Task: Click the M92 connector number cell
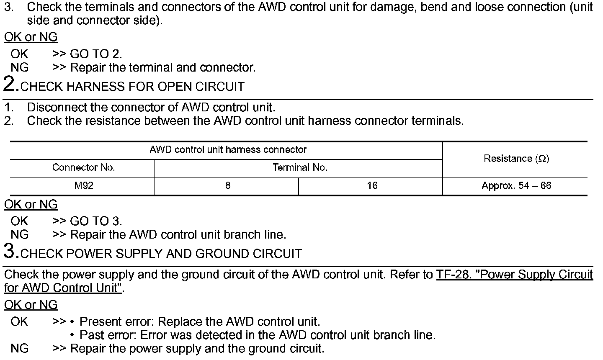click(x=84, y=185)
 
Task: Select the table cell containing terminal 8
click(x=227, y=185)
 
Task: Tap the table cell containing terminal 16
click(x=372, y=185)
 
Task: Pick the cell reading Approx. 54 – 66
click(x=516, y=185)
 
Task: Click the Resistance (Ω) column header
click(x=516, y=159)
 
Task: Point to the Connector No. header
click(x=83, y=168)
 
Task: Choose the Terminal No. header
click(x=300, y=168)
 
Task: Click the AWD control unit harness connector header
click(x=228, y=149)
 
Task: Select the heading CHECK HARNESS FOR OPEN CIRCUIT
click(x=132, y=87)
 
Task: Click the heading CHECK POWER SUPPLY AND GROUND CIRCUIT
click(x=161, y=254)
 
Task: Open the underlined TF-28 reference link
click(x=514, y=275)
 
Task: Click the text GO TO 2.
click(x=96, y=54)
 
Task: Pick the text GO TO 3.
click(x=96, y=221)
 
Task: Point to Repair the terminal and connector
click(x=162, y=67)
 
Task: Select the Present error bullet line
click(x=200, y=321)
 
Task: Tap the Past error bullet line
click(x=258, y=335)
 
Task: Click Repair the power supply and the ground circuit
click(x=197, y=348)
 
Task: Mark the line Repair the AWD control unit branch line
click(x=178, y=234)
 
